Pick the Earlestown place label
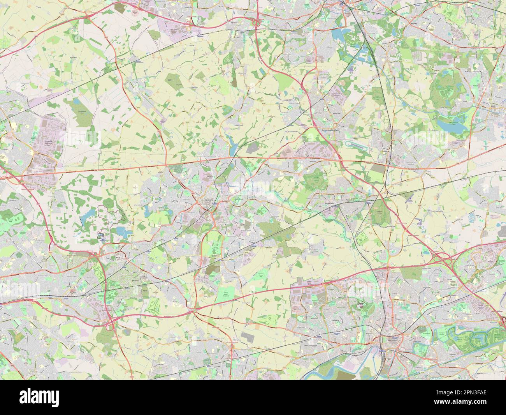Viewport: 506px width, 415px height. (329, 203)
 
